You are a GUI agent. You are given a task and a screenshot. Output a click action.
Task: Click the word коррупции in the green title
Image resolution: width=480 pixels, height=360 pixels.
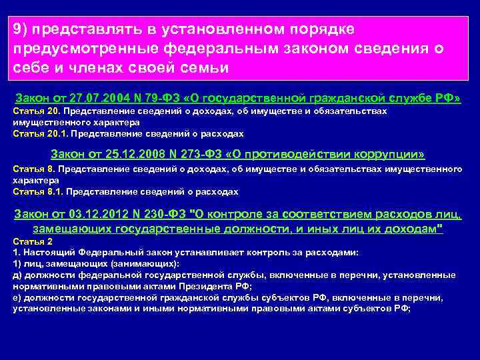tap(383, 155)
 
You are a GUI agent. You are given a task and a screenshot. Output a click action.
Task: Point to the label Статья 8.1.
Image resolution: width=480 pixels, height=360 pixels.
tap(32, 191)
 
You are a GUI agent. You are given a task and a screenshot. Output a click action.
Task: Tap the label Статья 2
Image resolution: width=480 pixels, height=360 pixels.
tap(29, 241)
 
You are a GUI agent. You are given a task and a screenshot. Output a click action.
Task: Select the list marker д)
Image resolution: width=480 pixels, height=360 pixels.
tap(17, 275)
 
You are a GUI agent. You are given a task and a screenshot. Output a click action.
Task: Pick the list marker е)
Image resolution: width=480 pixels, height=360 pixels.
tap(17, 297)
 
